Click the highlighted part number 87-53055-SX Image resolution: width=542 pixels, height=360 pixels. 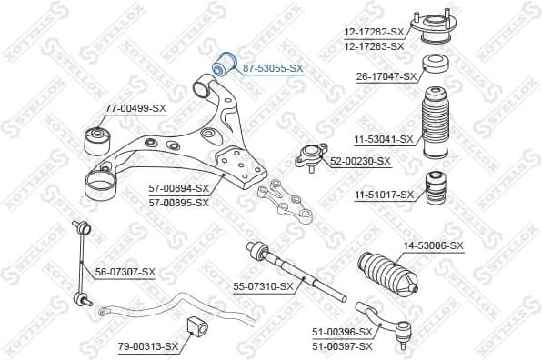tap(273, 68)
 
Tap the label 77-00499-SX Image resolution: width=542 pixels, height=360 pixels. tap(135, 108)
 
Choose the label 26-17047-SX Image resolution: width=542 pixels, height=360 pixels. tap(387, 77)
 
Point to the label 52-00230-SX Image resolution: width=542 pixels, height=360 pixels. tap(359, 161)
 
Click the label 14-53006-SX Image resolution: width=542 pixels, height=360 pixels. tap(433, 246)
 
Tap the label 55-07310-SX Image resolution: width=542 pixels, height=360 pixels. tap(263, 286)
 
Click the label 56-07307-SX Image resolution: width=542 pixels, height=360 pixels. tap(125, 272)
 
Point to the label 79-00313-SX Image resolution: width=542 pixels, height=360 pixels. tap(147, 346)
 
